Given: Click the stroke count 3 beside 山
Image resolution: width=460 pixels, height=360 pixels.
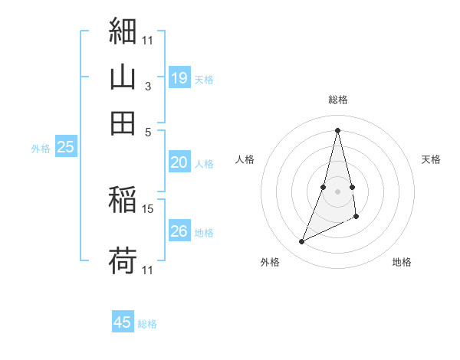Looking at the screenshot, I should click(x=147, y=87).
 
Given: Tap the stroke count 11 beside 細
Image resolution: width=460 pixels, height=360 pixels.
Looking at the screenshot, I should click(x=148, y=38).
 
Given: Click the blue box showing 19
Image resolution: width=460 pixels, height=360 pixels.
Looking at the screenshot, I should click(x=179, y=77).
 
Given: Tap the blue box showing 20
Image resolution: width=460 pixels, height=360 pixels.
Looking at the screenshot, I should click(x=179, y=162).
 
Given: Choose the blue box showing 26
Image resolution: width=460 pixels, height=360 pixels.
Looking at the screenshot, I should click(x=179, y=231).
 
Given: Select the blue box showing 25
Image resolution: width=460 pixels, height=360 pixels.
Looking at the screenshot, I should click(x=65, y=147).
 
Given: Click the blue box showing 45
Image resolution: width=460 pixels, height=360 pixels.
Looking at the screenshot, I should click(x=123, y=322).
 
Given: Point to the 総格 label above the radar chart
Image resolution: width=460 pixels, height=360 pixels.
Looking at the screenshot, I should click(x=338, y=100).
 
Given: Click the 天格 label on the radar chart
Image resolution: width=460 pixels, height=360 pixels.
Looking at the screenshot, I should click(x=432, y=159).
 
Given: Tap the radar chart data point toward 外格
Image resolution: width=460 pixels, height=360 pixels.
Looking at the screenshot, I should click(x=302, y=242).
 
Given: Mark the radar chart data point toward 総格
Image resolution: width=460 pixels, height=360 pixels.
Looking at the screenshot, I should click(x=338, y=130).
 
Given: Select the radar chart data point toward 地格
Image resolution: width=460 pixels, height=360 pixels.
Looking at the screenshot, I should click(x=356, y=218).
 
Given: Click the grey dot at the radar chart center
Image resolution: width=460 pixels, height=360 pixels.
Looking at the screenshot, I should click(x=338, y=191).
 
